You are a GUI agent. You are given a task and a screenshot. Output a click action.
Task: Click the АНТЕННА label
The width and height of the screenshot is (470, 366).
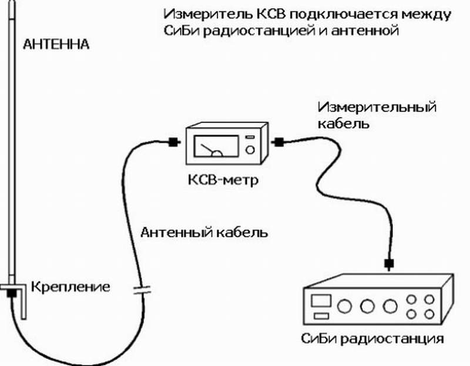[56, 44]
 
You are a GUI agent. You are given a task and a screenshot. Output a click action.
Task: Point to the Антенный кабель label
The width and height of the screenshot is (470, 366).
[204, 231]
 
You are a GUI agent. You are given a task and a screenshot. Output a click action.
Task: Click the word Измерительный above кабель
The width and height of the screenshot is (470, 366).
[378, 108]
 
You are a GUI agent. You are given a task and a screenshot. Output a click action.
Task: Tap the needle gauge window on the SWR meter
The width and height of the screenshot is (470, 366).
[212, 146]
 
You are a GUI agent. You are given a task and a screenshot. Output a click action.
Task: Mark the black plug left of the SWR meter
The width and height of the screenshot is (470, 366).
[173, 142]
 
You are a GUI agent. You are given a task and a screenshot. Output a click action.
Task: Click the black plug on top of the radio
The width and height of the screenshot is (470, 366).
[388, 263]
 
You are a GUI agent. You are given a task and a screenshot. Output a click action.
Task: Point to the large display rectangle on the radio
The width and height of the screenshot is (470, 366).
[321, 301]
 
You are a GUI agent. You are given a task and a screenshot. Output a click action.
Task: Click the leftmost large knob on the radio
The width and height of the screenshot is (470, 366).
[345, 306]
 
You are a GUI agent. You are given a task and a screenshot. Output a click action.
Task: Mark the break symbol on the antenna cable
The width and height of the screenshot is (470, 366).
[140, 288]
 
